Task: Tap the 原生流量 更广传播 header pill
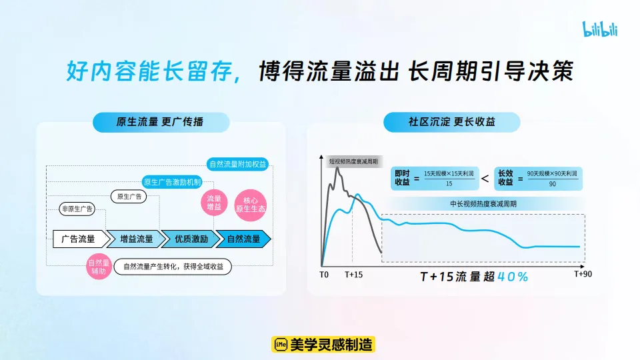click(x=161, y=122)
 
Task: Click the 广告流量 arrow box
click(x=77, y=239)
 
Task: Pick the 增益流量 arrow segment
click(x=137, y=239)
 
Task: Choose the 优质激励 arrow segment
click(x=191, y=239)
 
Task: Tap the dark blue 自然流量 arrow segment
click(x=244, y=239)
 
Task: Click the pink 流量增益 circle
click(x=214, y=203)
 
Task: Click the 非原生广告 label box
click(x=77, y=209)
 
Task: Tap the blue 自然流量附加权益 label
click(x=238, y=164)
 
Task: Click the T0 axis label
click(x=324, y=274)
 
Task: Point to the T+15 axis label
click(x=354, y=274)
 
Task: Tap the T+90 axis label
click(x=583, y=273)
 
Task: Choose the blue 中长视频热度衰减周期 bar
click(x=483, y=204)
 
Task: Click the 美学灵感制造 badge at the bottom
click(x=324, y=344)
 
